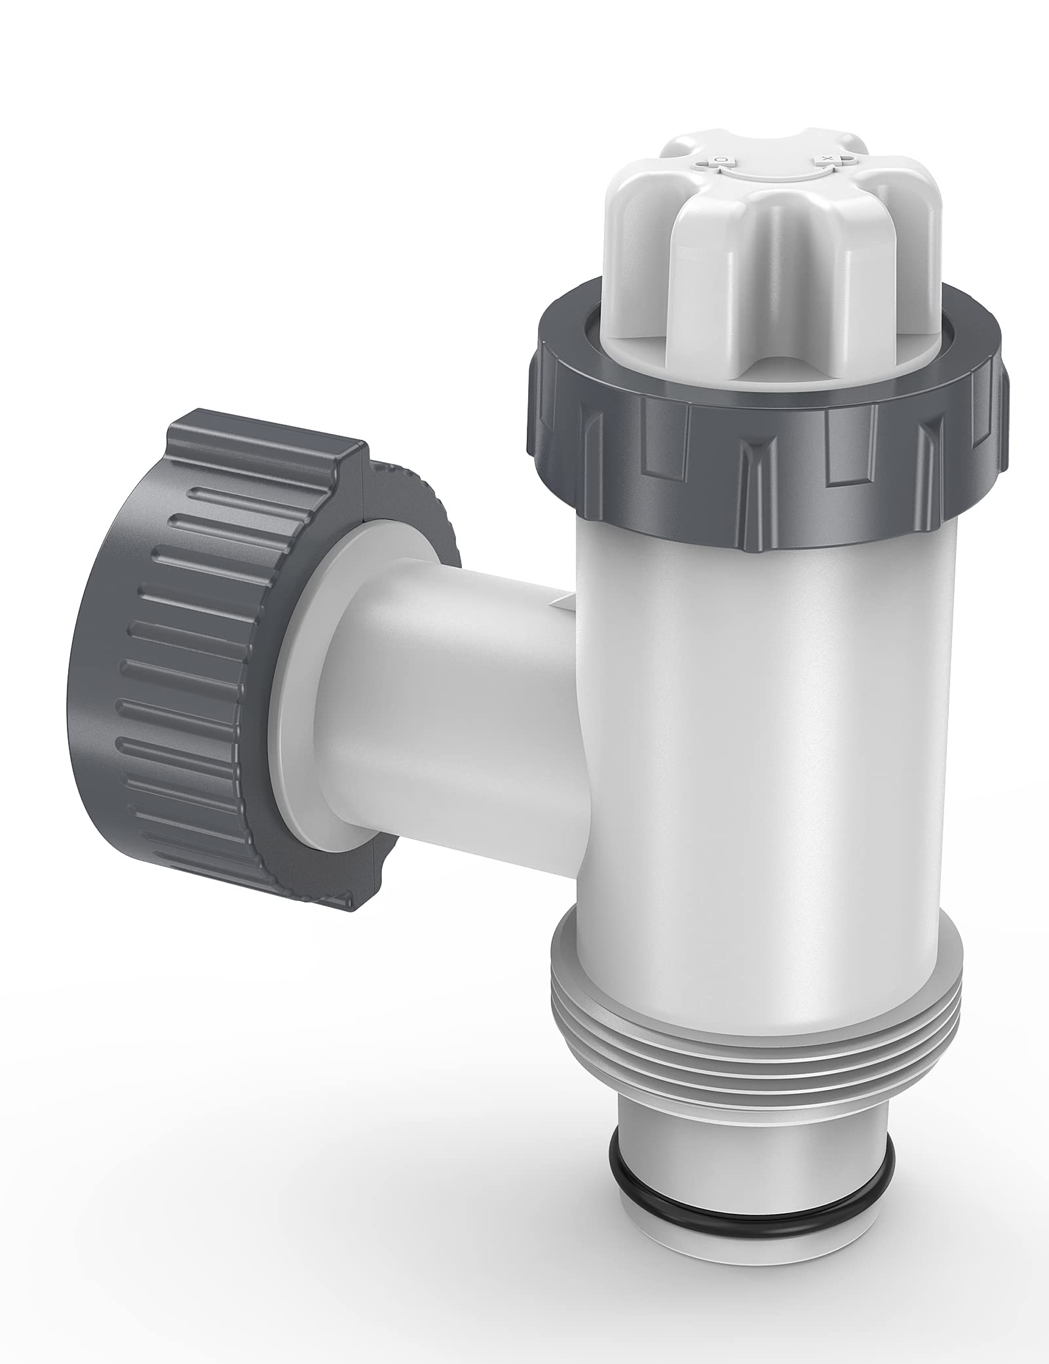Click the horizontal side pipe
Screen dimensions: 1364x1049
tap(459, 708)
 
